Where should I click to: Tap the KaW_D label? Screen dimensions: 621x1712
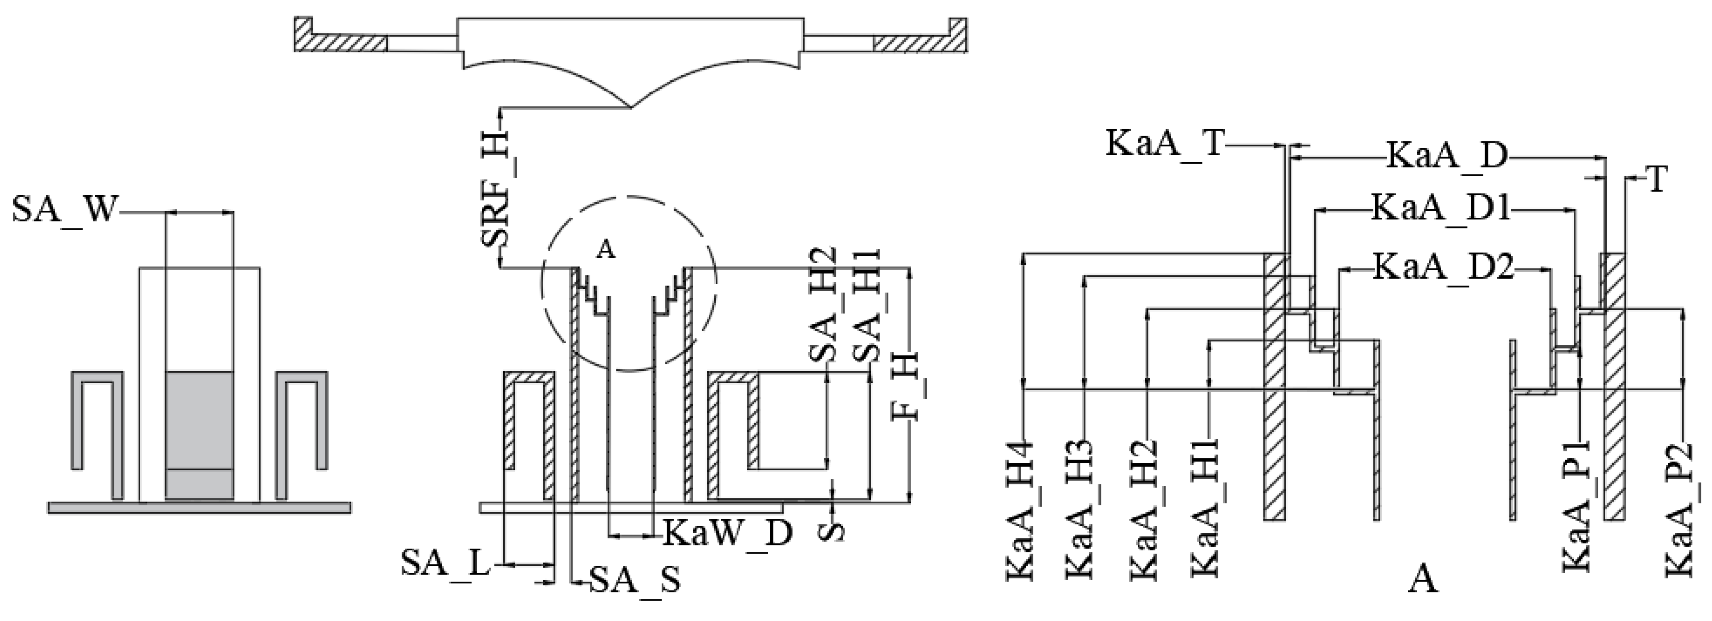pyautogui.click(x=727, y=533)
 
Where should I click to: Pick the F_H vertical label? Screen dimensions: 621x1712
pyautogui.click(x=905, y=385)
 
